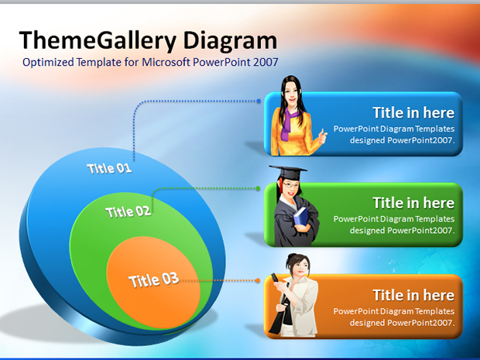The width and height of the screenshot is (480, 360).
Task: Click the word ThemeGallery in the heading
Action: click(x=98, y=41)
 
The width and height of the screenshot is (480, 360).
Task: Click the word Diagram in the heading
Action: click(x=230, y=41)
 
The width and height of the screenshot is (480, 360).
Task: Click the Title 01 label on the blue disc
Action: click(x=109, y=168)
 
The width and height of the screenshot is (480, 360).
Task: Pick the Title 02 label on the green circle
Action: click(x=128, y=212)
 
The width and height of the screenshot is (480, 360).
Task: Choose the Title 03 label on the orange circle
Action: click(x=153, y=279)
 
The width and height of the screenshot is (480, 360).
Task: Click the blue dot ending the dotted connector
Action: click(x=259, y=101)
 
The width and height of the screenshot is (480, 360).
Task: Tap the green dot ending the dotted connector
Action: click(x=258, y=188)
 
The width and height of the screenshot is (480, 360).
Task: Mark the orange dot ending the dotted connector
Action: click(x=258, y=280)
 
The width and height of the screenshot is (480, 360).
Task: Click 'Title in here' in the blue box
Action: click(x=413, y=113)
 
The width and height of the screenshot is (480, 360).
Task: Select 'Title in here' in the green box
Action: click(x=413, y=203)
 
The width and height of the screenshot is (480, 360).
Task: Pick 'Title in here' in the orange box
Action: click(x=413, y=296)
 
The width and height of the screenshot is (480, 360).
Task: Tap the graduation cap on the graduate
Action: click(x=287, y=172)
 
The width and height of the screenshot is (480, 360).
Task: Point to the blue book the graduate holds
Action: click(x=300, y=217)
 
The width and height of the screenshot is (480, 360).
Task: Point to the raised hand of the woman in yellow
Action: click(x=322, y=136)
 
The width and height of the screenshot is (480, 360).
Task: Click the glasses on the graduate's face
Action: click(x=290, y=185)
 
